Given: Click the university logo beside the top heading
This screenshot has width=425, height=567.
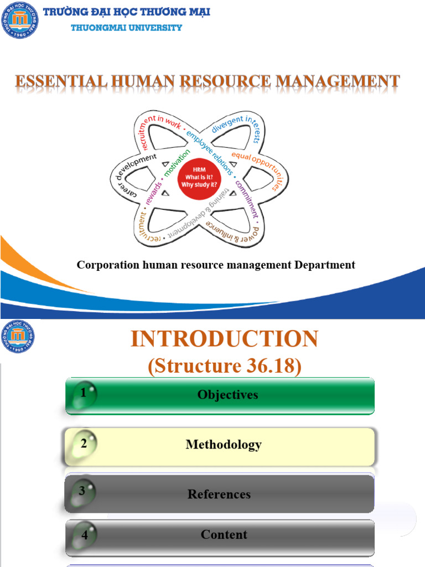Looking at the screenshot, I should [20, 20].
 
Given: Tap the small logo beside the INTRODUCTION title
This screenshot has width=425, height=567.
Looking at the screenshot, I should [19, 336].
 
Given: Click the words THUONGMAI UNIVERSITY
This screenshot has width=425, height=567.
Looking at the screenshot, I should [126, 28].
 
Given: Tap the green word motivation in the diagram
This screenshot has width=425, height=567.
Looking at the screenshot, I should [176, 163].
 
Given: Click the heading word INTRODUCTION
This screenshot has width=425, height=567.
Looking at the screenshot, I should [224, 339].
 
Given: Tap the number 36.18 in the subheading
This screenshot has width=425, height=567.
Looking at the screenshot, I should [273, 367].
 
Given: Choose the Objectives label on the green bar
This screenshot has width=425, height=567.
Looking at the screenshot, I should [227, 395].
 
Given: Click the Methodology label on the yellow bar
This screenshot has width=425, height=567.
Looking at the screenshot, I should [224, 444].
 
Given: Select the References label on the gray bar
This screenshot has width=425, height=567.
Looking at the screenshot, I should [219, 494].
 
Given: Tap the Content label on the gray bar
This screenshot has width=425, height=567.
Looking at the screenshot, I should [224, 534].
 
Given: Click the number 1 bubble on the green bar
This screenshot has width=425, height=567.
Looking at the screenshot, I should [84, 394].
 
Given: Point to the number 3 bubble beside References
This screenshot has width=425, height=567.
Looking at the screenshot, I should [82, 491].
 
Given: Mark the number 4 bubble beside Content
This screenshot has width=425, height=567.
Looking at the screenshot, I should [85, 535].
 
